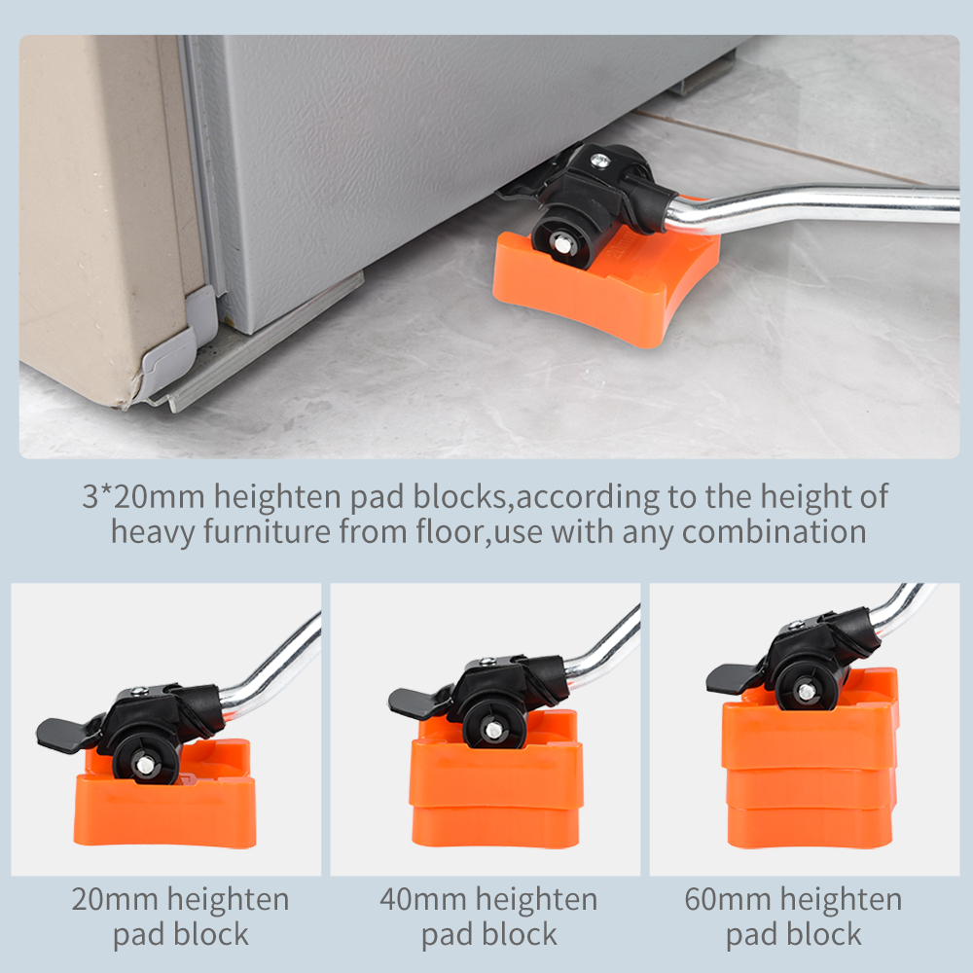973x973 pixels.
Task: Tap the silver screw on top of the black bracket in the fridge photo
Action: [x=599, y=161]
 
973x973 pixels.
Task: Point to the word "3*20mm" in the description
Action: [x=143, y=496]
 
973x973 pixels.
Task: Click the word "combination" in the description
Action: [x=774, y=532]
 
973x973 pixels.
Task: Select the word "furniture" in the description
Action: [x=267, y=532]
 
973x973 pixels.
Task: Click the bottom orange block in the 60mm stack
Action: [x=810, y=827]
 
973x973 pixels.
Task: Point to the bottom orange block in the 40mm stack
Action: [x=495, y=826]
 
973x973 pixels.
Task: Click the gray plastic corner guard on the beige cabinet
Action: [x=175, y=348]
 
